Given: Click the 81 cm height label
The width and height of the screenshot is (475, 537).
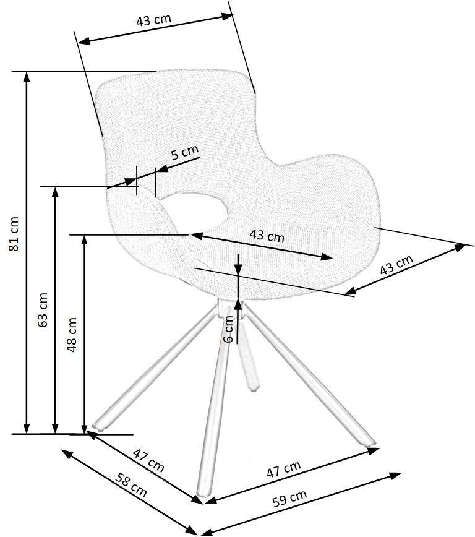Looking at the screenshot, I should (14, 233).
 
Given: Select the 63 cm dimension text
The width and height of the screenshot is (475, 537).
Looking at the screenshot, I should (43, 309).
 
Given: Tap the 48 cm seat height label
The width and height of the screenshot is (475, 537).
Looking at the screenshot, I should (72, 334).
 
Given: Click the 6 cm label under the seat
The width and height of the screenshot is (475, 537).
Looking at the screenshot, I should (229, 329).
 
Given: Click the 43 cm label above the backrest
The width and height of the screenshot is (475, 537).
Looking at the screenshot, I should (153, 20).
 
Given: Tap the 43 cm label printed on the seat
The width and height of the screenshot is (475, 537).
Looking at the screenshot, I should (267, 235).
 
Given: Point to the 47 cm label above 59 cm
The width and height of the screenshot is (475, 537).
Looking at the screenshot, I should (284, 470).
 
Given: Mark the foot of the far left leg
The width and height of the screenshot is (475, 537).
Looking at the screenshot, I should (97, 426).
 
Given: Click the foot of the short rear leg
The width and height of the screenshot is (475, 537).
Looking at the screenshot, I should (252, 387).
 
